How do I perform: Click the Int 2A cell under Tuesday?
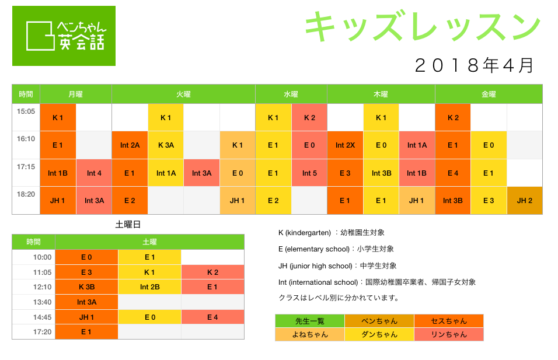[x=130, y=145]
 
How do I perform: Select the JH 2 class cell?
[x=525, y=201]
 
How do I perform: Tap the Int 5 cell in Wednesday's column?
[x=309, y=173]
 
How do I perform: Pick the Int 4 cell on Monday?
[x=94, y=173]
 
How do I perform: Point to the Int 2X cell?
[x=345, y=145]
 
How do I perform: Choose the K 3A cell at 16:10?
[x=166, y=145]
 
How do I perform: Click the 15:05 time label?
[x=26, y=111]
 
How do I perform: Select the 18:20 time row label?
[x=26, y=194]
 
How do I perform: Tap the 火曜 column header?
[x=184, y=95]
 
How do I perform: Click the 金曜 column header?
[x=489, y=95]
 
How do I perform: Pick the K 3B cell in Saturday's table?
[x=86, y=287]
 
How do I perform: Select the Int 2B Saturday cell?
[x=150, y=287]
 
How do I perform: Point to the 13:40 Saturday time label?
[x=43, y=302]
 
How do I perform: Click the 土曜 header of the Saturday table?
[x=150, y=242]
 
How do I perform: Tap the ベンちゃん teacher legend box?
[x=379, y=321]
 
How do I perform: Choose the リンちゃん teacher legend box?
[x=449, y=334]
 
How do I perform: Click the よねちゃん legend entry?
[x=310, y=334]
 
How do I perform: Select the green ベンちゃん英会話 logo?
[x=64, y=36]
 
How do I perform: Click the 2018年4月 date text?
[x=475, y=65]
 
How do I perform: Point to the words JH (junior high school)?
[x=315, y=266]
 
